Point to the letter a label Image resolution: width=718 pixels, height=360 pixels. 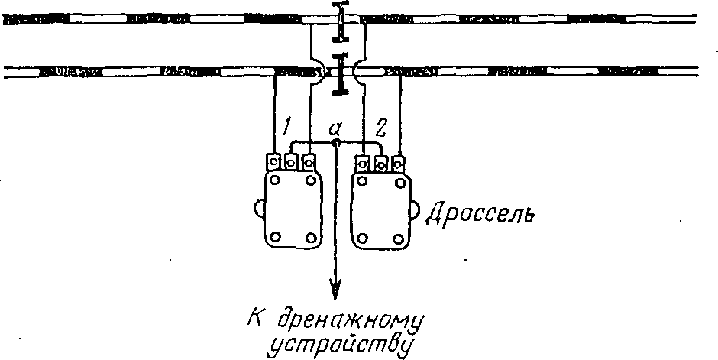click(x=335, y=128)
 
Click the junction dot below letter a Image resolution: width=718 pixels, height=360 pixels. click(x=335, y=142)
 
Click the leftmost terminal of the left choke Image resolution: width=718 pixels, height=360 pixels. click(x=274, y=161)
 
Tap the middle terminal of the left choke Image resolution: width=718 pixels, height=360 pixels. click(x=291, y=162)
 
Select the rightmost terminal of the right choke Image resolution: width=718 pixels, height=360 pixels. click(x=398, y=162)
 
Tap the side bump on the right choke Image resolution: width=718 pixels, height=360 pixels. click(x=414, y=207)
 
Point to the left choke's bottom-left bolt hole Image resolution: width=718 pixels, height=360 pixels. click(x=276, y=235)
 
